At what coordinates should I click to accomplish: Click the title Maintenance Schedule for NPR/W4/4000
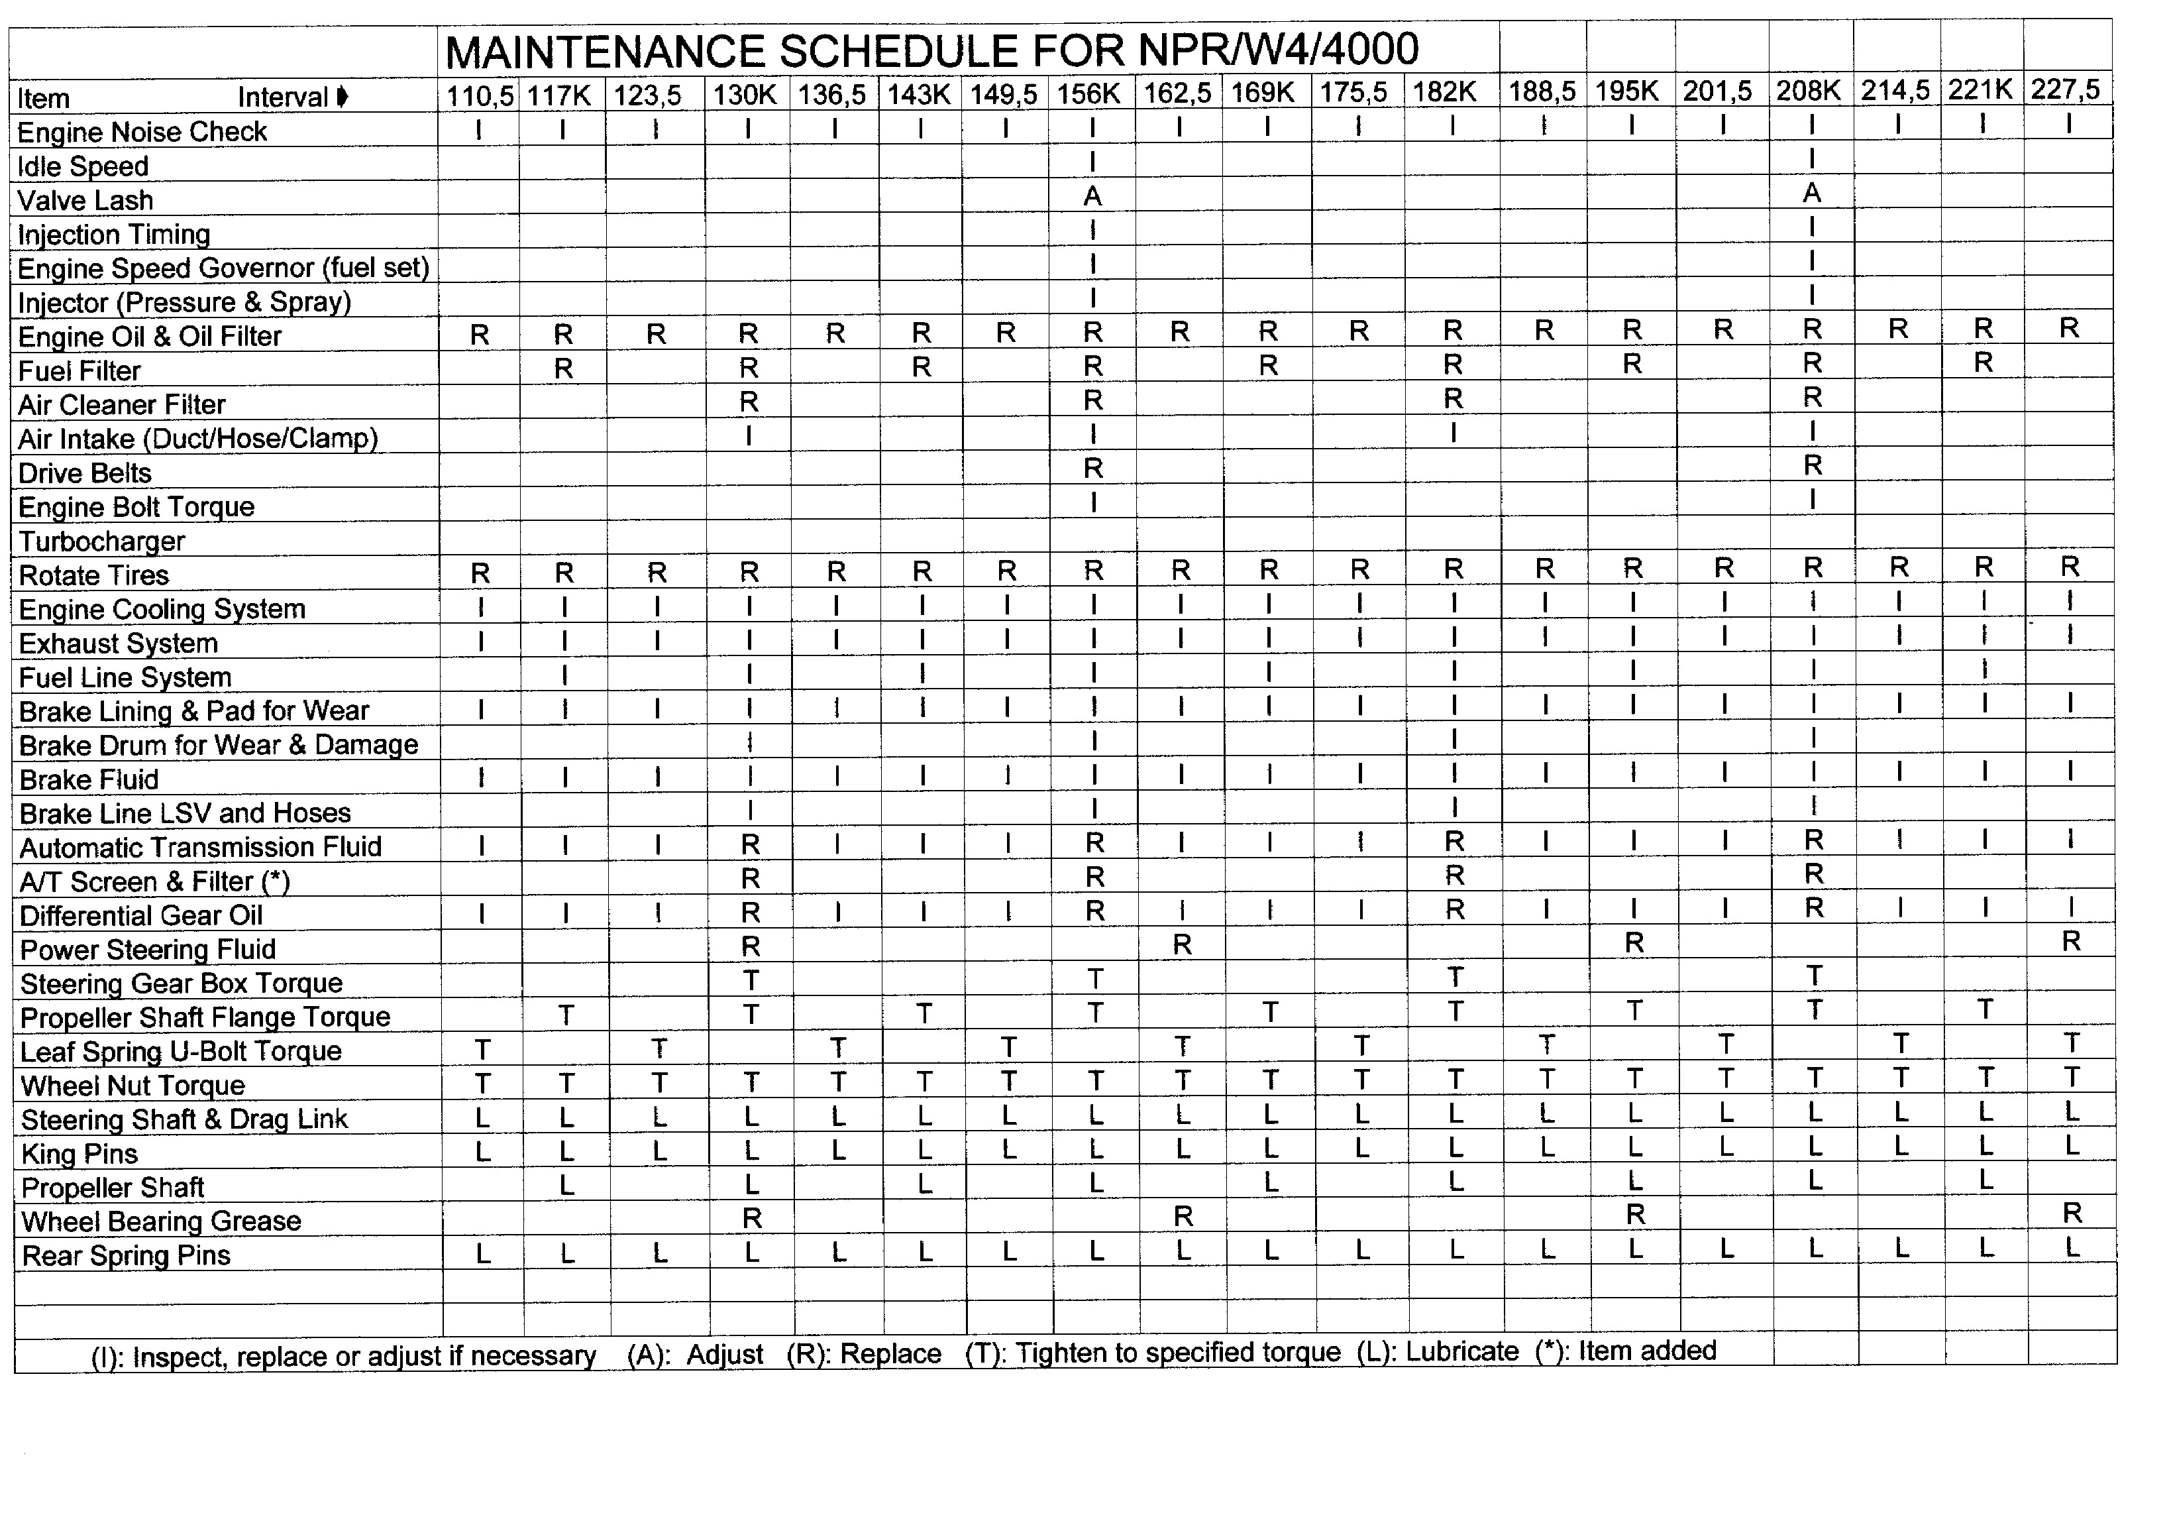[x=931, y=51]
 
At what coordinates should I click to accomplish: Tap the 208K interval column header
[x=1808, y=91]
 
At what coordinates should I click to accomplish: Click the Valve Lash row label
[x=85, y=201]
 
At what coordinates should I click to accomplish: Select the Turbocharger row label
[x=102, y=541]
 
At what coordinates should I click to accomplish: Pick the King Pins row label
[x=79, y=1154]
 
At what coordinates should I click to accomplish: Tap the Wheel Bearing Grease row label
[x=161, y=1221]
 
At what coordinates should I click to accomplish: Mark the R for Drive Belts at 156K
[x=1093, y=468]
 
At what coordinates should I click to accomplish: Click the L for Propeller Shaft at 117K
[x=566, y=1185]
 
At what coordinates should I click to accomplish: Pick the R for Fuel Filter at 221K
[x=1984, y=363]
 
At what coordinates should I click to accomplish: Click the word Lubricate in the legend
[x=1462, y=1352]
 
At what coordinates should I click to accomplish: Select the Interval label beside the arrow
[x=283, y=97]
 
